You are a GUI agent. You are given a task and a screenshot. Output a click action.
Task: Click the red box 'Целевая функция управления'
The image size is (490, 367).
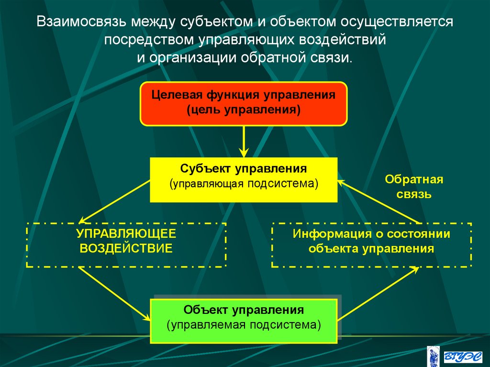[x=244, y=103]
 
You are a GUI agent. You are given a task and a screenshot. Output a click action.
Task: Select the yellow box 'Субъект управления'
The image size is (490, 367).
[x=244, y=179]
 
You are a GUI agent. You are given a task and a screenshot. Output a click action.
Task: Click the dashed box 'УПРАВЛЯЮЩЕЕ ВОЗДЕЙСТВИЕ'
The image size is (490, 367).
[x=126, y=245]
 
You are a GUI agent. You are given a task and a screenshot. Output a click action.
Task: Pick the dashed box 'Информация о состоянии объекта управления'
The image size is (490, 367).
[x=371, y=245]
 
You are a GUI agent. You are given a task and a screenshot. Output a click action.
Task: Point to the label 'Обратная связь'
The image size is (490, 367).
[x=414, y=187]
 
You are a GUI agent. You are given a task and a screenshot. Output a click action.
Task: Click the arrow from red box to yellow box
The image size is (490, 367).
[x=244, y=141]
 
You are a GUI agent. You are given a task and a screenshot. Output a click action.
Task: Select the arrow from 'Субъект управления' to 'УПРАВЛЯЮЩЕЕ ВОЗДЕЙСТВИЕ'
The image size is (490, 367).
[x=115, y=201]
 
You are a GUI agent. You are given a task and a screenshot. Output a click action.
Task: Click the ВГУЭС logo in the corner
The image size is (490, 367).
[x=461, y=356]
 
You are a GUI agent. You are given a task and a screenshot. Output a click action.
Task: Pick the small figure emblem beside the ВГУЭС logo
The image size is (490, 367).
[x=434, y=356]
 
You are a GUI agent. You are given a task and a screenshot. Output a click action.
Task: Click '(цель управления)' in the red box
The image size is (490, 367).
[x=244, y=110]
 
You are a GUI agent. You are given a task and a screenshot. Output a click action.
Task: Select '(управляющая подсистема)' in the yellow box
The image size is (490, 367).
[x=244, y=184]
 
